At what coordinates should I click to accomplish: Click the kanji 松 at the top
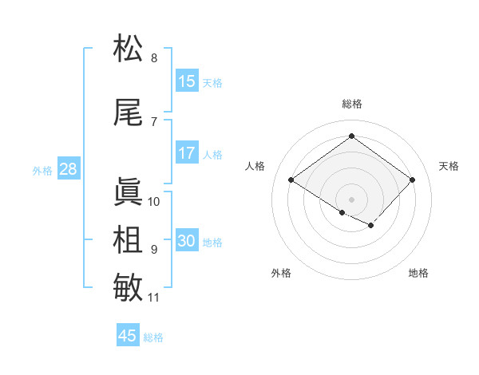(129, 49)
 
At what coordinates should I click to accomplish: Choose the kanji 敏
(129, 288)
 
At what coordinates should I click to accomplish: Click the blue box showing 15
(187, 81)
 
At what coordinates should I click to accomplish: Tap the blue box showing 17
(187, 154)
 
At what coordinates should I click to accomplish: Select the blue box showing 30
(187, 242)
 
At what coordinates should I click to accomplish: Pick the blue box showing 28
(68, 170)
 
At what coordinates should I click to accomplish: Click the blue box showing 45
(128, 336)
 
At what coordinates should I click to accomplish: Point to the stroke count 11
(154, 298)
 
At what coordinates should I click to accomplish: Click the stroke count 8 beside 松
(154, 57)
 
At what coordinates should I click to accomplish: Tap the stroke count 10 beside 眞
(154, 201)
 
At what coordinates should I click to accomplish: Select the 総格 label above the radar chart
(351, 104)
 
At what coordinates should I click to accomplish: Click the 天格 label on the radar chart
(449, 166)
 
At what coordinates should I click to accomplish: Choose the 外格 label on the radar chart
(281, 273)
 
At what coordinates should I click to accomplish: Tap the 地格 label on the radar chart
(418, 273)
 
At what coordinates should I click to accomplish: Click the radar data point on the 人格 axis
(291, 180)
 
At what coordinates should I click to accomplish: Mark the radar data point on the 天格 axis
(412, 180)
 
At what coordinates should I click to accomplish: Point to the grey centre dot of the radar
(351, 199)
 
